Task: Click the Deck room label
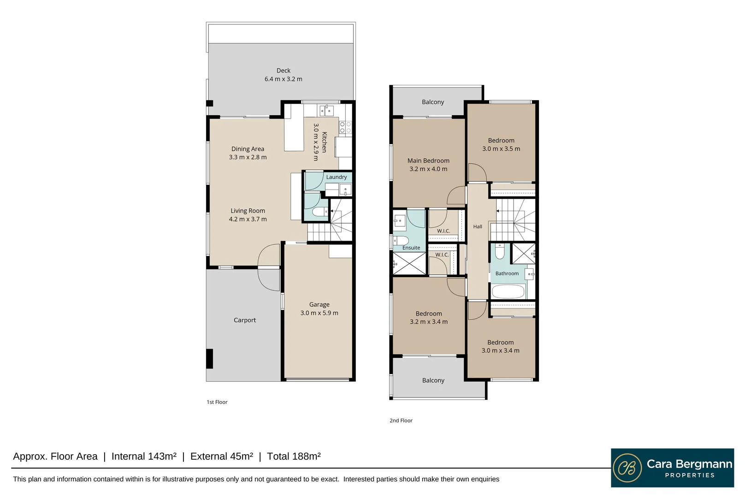(x=284, y=71)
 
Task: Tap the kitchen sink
(x=326, y=111)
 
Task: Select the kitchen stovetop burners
(x=345, y=127)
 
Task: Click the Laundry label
(x=336, y=177)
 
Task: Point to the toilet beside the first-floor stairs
(x=320, y=211)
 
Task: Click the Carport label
(x=245, y=320)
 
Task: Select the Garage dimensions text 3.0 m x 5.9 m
(x=319, y=313)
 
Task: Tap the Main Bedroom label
(x=428, y=160)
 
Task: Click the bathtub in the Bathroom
(x=508, y=292)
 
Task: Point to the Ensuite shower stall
(x=409, y=263)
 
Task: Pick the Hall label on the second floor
(x=478, y=226)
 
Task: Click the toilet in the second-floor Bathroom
(x=500, y=251)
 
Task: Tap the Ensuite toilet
(x=401, y=240)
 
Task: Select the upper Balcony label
(x=433, y=102)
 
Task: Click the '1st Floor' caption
(x=217, y=402)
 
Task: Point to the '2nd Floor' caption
(x=401, y=421)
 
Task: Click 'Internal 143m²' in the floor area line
(x=144, y=456)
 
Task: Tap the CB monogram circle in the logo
(x=627, y=468)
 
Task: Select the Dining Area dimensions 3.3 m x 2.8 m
(x=248, y=157)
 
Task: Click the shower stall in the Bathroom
(x=523, y=254)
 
